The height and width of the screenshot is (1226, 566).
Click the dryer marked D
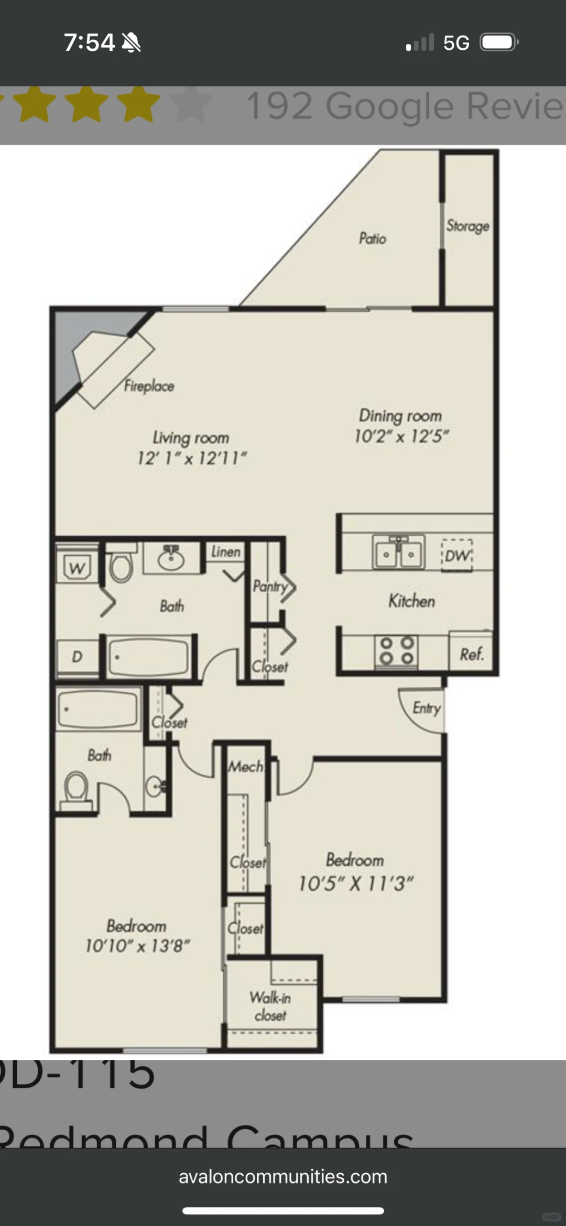77,656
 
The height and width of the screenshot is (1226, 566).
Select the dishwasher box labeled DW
457,556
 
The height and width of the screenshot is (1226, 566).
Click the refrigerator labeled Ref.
471,654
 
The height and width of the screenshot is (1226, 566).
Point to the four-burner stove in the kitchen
397,650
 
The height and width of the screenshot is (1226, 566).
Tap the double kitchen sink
398,552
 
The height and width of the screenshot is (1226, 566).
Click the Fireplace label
149,386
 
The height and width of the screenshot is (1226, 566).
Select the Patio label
373,239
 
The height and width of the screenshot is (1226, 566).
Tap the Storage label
468,226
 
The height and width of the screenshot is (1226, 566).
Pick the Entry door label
427,708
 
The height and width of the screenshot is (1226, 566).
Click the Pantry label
270,586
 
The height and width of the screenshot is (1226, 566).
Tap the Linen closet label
226,551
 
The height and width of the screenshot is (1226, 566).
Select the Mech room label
245,767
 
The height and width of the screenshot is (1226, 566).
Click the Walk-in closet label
270,1006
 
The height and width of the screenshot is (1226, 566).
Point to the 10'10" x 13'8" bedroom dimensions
137,946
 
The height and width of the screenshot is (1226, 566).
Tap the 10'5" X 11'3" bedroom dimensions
356,884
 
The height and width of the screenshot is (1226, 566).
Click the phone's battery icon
499,42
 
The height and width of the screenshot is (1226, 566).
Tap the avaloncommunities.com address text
283,1177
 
